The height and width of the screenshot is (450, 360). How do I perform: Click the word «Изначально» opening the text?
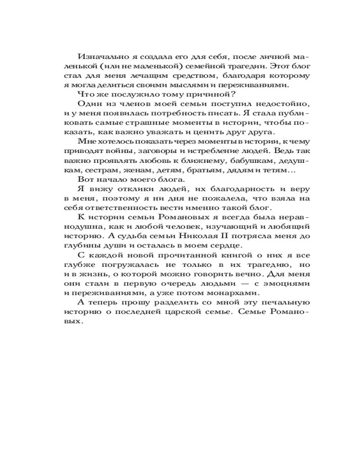click(99, 57)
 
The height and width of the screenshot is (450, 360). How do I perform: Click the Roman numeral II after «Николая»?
click(237, 236)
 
